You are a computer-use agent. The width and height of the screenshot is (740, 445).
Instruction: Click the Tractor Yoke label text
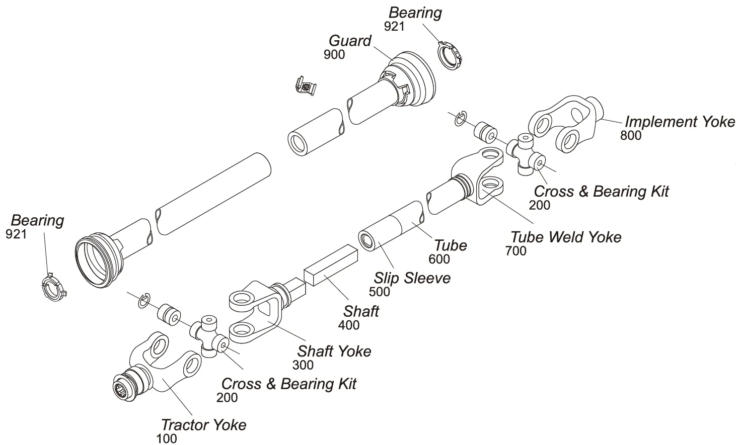203,425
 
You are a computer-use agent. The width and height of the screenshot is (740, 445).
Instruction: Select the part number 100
166,438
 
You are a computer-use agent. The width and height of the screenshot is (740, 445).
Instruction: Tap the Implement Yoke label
680,122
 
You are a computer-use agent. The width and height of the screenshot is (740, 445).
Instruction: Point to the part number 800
631,135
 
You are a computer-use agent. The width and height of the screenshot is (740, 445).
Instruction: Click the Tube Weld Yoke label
566,237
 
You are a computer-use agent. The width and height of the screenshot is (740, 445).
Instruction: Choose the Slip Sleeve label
412,278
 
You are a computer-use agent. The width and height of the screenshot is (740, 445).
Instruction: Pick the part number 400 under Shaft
349,325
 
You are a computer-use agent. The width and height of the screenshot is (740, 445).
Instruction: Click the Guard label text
350,41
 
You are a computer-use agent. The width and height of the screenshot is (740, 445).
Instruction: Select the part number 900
334,55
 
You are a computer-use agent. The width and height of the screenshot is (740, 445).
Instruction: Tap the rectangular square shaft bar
330,265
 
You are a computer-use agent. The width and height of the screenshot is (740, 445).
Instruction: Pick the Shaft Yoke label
334,351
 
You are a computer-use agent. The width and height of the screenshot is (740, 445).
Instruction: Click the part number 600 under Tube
439,259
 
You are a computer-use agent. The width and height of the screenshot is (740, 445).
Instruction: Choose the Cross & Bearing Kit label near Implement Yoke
601,191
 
